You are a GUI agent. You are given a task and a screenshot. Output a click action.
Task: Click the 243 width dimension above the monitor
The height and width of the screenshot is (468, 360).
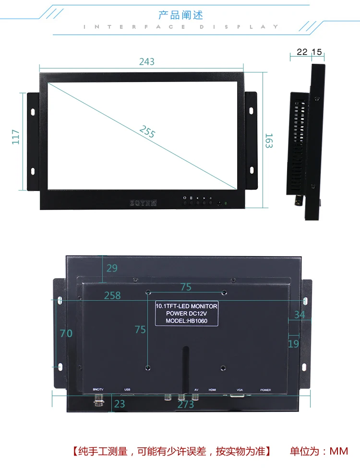147,61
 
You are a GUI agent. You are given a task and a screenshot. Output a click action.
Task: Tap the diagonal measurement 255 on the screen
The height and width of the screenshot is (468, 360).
147,131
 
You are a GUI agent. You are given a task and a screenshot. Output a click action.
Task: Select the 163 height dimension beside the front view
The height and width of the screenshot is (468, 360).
269,140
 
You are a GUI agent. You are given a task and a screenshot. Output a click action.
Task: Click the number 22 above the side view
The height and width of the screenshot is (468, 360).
302,52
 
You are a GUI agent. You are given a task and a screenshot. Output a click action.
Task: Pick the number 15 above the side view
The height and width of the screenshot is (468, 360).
317,52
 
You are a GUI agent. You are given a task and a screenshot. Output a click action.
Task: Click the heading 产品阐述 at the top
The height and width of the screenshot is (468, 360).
180,15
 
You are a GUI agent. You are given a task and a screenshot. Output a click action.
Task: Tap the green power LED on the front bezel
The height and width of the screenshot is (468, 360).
226,203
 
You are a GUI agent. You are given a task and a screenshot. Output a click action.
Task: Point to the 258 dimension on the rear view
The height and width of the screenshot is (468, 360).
112,295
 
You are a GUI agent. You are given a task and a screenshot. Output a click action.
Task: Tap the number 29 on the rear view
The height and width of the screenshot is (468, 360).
112,268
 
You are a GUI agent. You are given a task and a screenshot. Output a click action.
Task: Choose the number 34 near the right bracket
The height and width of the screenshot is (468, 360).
300,315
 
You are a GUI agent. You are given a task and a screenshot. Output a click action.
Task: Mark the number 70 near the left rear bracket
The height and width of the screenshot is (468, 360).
66,333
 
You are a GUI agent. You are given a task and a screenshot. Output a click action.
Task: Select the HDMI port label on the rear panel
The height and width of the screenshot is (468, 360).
212,390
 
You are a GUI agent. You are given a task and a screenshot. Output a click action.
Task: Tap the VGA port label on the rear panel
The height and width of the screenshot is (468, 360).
240,390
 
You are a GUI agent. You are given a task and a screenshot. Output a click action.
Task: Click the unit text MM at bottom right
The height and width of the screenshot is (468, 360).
338,451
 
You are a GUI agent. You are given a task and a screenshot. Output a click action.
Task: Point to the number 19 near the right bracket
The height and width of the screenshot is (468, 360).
293,343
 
